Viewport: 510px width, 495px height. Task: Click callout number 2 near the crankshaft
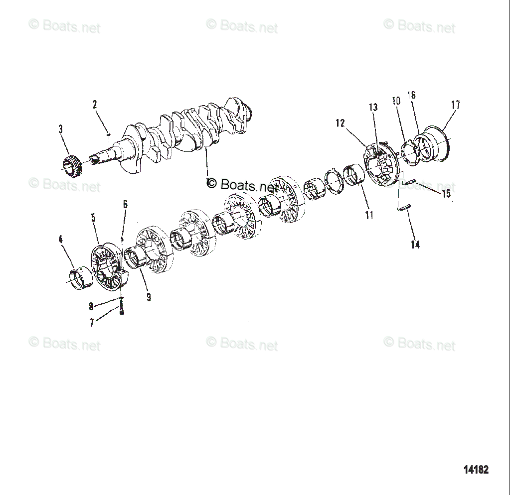tap(95, 105)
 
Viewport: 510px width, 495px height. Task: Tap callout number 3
tap(60, 129)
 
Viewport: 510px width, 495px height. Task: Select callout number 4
tap(60, 240)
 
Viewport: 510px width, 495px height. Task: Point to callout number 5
tap(93, 218)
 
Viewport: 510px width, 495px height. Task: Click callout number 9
tap(149, 297)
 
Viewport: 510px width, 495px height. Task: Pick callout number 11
tap(369, 215)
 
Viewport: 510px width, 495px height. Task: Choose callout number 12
tap(340, 124)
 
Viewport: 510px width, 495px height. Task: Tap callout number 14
tap(415, 245)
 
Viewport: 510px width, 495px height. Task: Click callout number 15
tap(446, 193)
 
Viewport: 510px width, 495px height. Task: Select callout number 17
tap(455, 105)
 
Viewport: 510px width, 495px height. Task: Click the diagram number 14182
tap(476, 469)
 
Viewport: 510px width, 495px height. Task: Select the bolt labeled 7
tap(122, 309)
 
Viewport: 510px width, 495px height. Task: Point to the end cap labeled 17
tap(431, 146)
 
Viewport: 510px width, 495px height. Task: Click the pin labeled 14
tap(403, 208)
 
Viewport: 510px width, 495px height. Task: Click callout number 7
tap(92, 323)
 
